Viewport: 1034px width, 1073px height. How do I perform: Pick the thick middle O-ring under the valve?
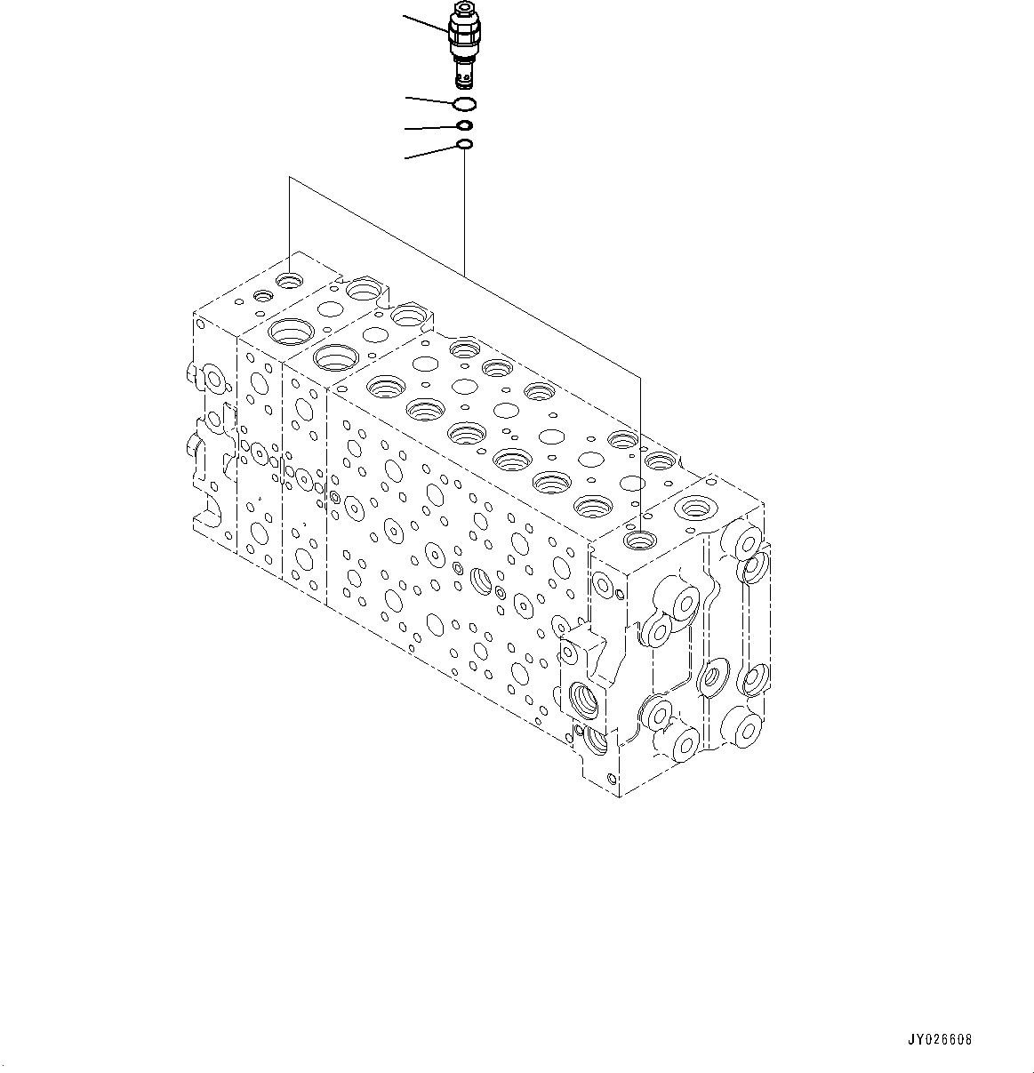point(465,125)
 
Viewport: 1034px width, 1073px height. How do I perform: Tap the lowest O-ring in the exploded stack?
point(464,144)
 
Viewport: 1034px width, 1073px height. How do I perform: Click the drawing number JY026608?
point(940,1038)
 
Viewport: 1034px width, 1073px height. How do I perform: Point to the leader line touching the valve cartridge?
point(428,25)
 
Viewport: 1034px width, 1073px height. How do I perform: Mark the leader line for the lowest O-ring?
point(431,152)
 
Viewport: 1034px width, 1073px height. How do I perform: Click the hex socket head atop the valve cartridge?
point(464,7)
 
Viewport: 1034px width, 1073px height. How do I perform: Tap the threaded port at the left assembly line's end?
point(290,281)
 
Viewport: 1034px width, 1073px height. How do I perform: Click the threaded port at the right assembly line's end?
point(639,539)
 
